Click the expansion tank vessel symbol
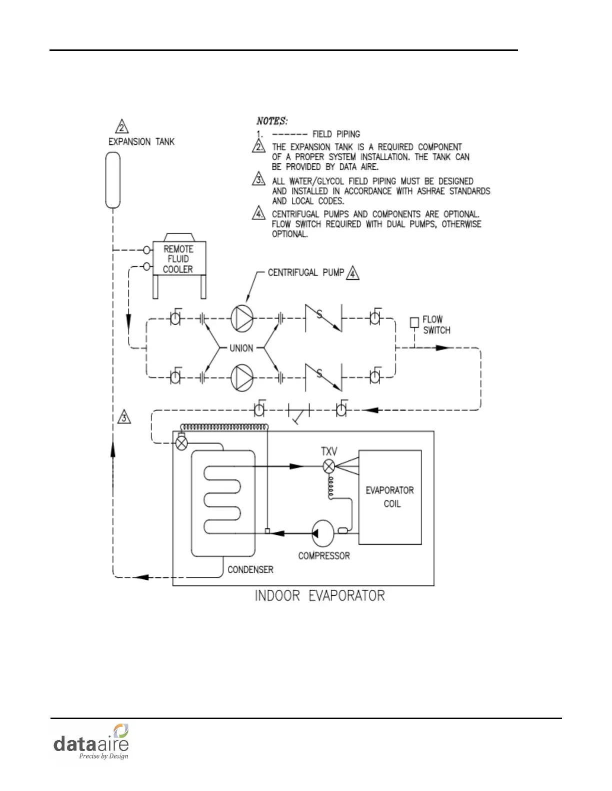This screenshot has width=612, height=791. [x=113, y=180]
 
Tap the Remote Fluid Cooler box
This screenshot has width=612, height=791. [x=178, y=259]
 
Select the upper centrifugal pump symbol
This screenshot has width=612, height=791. [x=242, y=318]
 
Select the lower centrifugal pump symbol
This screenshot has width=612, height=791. [x=242, y=378]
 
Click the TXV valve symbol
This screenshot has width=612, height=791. [x=328, y=467]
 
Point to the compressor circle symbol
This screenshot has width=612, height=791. [x=322, y=533]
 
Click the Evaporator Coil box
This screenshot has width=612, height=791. [x=390, y=497]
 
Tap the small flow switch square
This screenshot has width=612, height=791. [x=414, y=323]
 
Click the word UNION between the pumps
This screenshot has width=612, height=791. [x=241, y=348]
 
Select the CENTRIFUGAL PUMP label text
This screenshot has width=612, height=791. [x=306, y=273]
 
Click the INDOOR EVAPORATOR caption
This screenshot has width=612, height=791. [x=320, y=596]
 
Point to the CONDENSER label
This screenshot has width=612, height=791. [x=250, y=570]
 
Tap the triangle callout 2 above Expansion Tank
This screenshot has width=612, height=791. [x=122, y=127]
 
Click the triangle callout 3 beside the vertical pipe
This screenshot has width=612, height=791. [x=124, y=417]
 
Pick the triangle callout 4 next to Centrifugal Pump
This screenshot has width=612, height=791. [x=353, y=273]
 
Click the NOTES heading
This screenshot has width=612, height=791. [x=271, y=121]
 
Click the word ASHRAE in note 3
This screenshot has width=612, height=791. [x=430, y=191]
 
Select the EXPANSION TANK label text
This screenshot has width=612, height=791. [x=141, y=142]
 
